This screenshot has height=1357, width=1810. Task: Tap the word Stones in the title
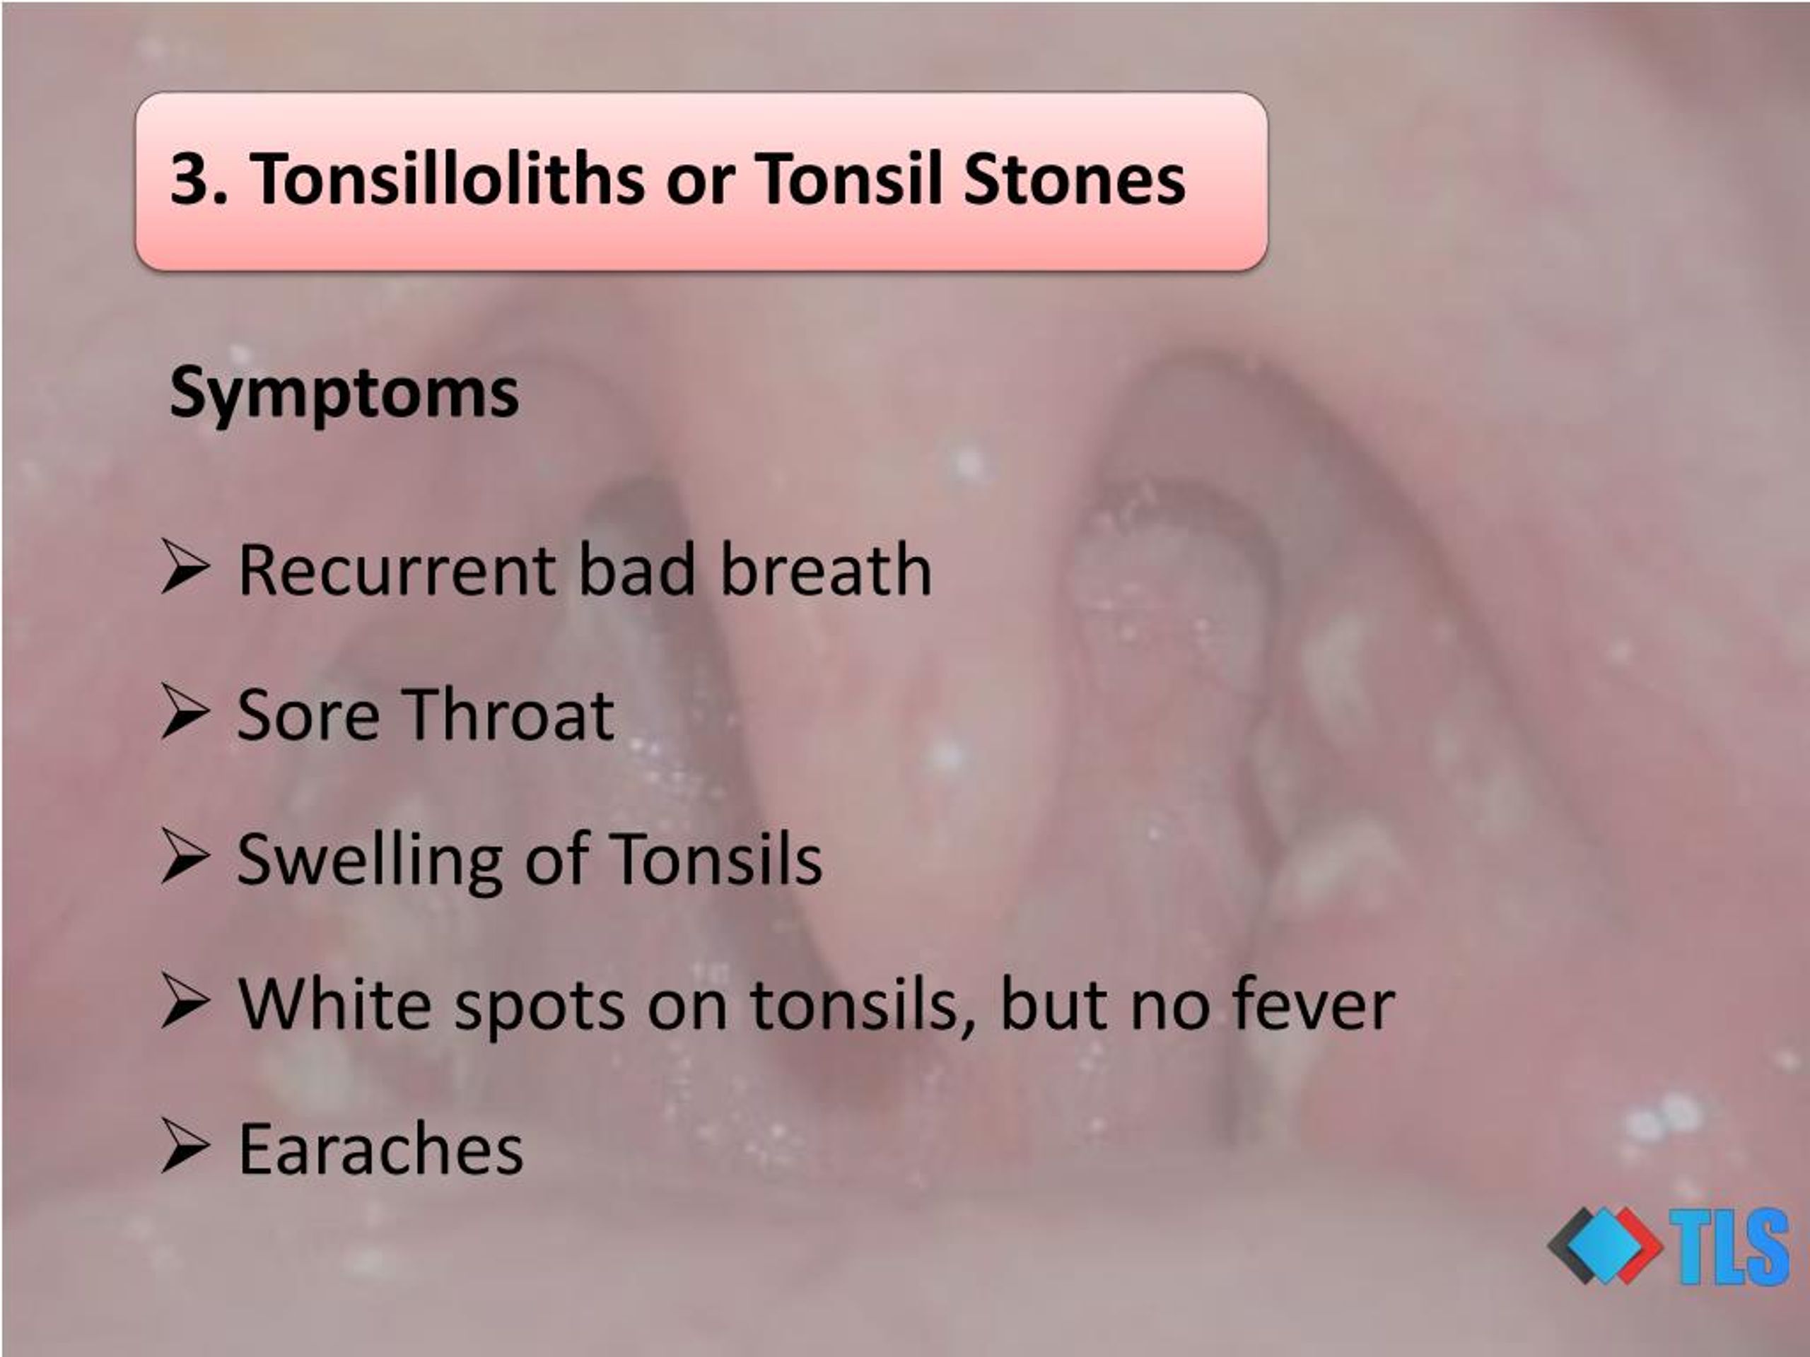1075,179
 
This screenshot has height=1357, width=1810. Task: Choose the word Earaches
380,1149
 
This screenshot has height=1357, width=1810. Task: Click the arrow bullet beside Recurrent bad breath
185,566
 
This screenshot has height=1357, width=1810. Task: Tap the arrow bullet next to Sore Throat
185,712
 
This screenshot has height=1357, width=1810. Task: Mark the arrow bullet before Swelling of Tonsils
185,857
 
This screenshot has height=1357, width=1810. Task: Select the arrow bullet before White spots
185,1001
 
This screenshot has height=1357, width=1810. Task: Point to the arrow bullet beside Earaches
185,1146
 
